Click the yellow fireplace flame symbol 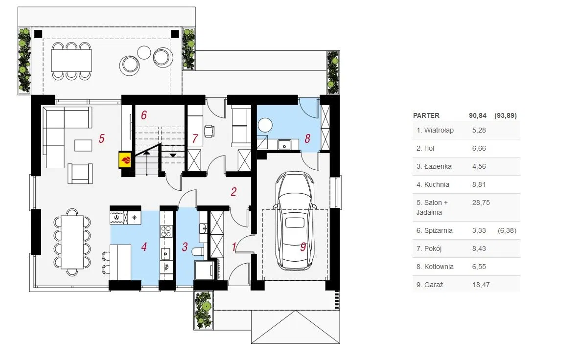(125, 160)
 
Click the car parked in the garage (295, 221)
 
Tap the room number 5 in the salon (101, 138)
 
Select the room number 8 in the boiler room (307, 138)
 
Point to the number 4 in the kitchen (144, 247)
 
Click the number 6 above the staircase (144, 115)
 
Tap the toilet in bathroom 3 (198, 252)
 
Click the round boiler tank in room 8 (265, 125)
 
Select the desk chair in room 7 (209, 131)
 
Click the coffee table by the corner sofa (83, 145)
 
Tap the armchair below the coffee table (80, 174)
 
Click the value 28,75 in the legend (481, 202)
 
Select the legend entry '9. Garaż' (429, 285)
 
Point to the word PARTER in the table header (426, 115)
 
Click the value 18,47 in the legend (481, 285)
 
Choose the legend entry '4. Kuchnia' (433, 184)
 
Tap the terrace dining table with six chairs (71, 61)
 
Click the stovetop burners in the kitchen (166, 231)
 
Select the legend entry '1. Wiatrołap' (435, 130)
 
